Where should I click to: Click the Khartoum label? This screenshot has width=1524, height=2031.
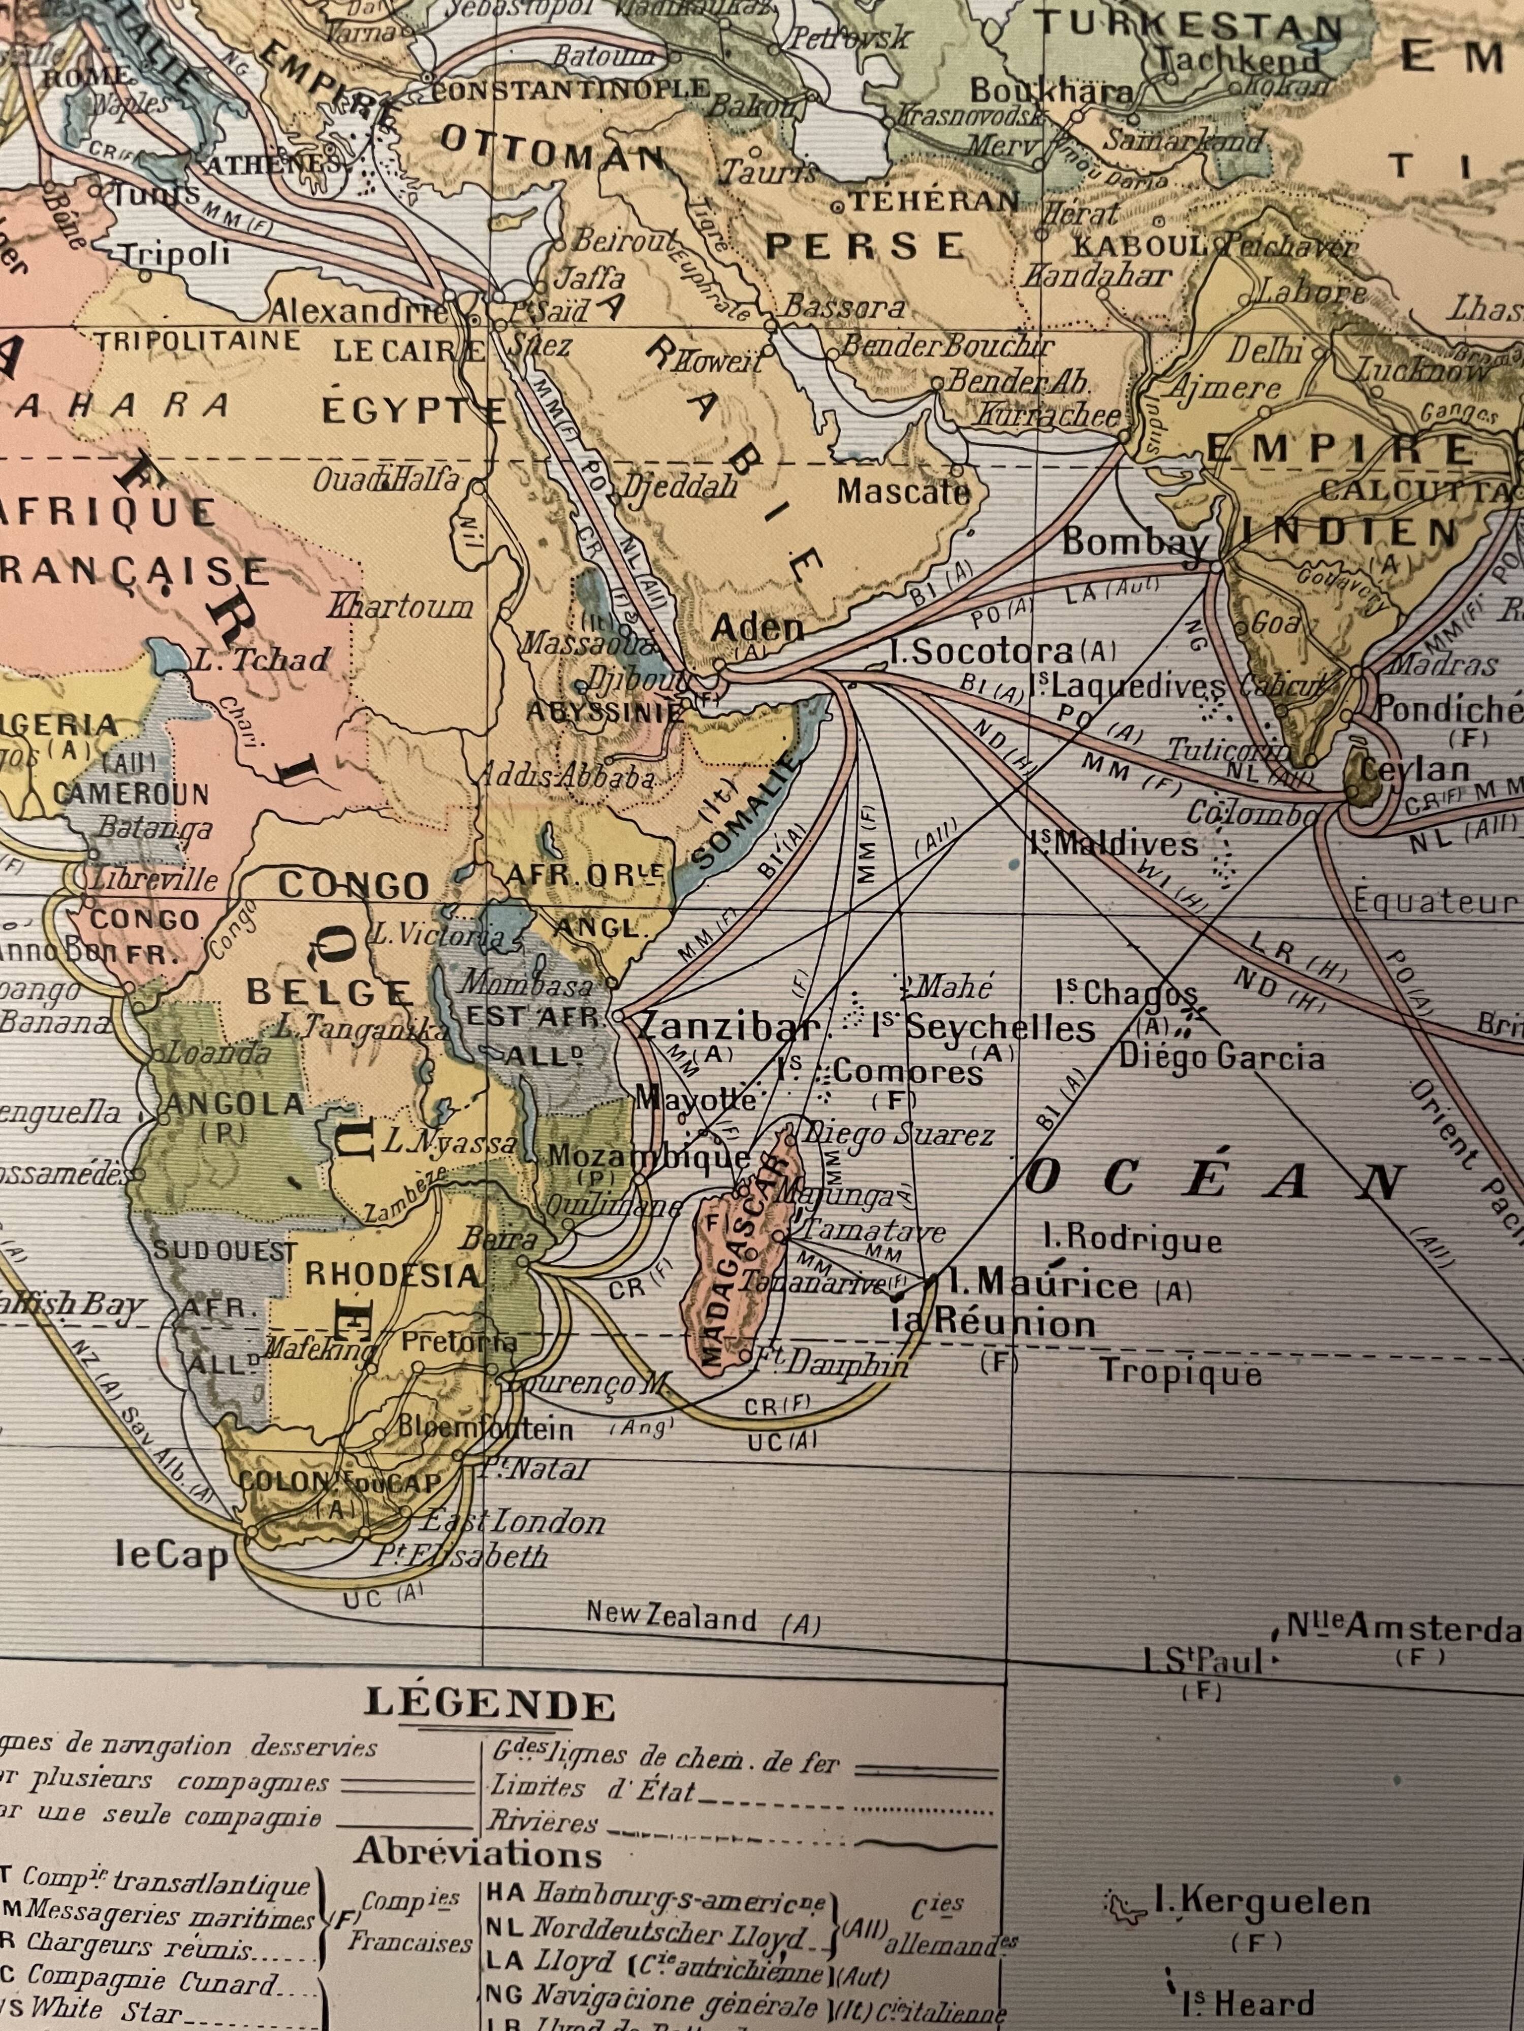401,607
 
